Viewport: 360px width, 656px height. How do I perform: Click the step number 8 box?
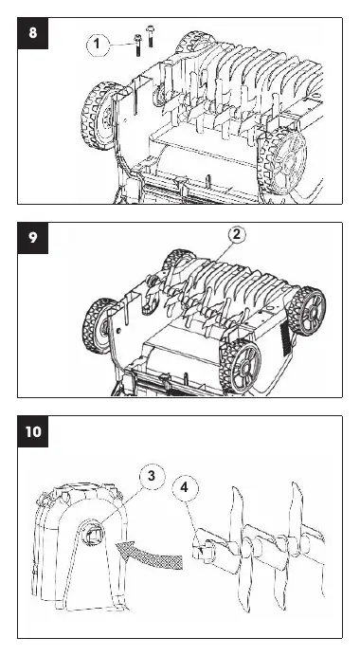[32, 33]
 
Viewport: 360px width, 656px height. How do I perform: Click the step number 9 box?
[32, 238]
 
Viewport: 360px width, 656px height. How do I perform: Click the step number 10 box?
[32, 431]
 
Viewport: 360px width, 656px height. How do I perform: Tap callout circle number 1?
[98, 44]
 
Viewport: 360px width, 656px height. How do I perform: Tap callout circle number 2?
[237, 235]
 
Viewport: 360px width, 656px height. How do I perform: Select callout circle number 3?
[152, 476]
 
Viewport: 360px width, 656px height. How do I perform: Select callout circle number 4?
[186, 488]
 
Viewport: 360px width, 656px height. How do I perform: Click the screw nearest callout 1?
[137, 46]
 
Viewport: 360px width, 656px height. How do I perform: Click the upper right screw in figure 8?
[150, 36]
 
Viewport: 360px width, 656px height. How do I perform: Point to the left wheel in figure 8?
[99, 116]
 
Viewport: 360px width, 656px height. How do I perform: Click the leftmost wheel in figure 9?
[99, 325]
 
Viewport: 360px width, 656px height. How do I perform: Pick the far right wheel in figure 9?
[310, 310]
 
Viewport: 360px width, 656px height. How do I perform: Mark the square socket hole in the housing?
[93, 533]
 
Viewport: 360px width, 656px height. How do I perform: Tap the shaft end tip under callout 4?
[198, 551]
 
